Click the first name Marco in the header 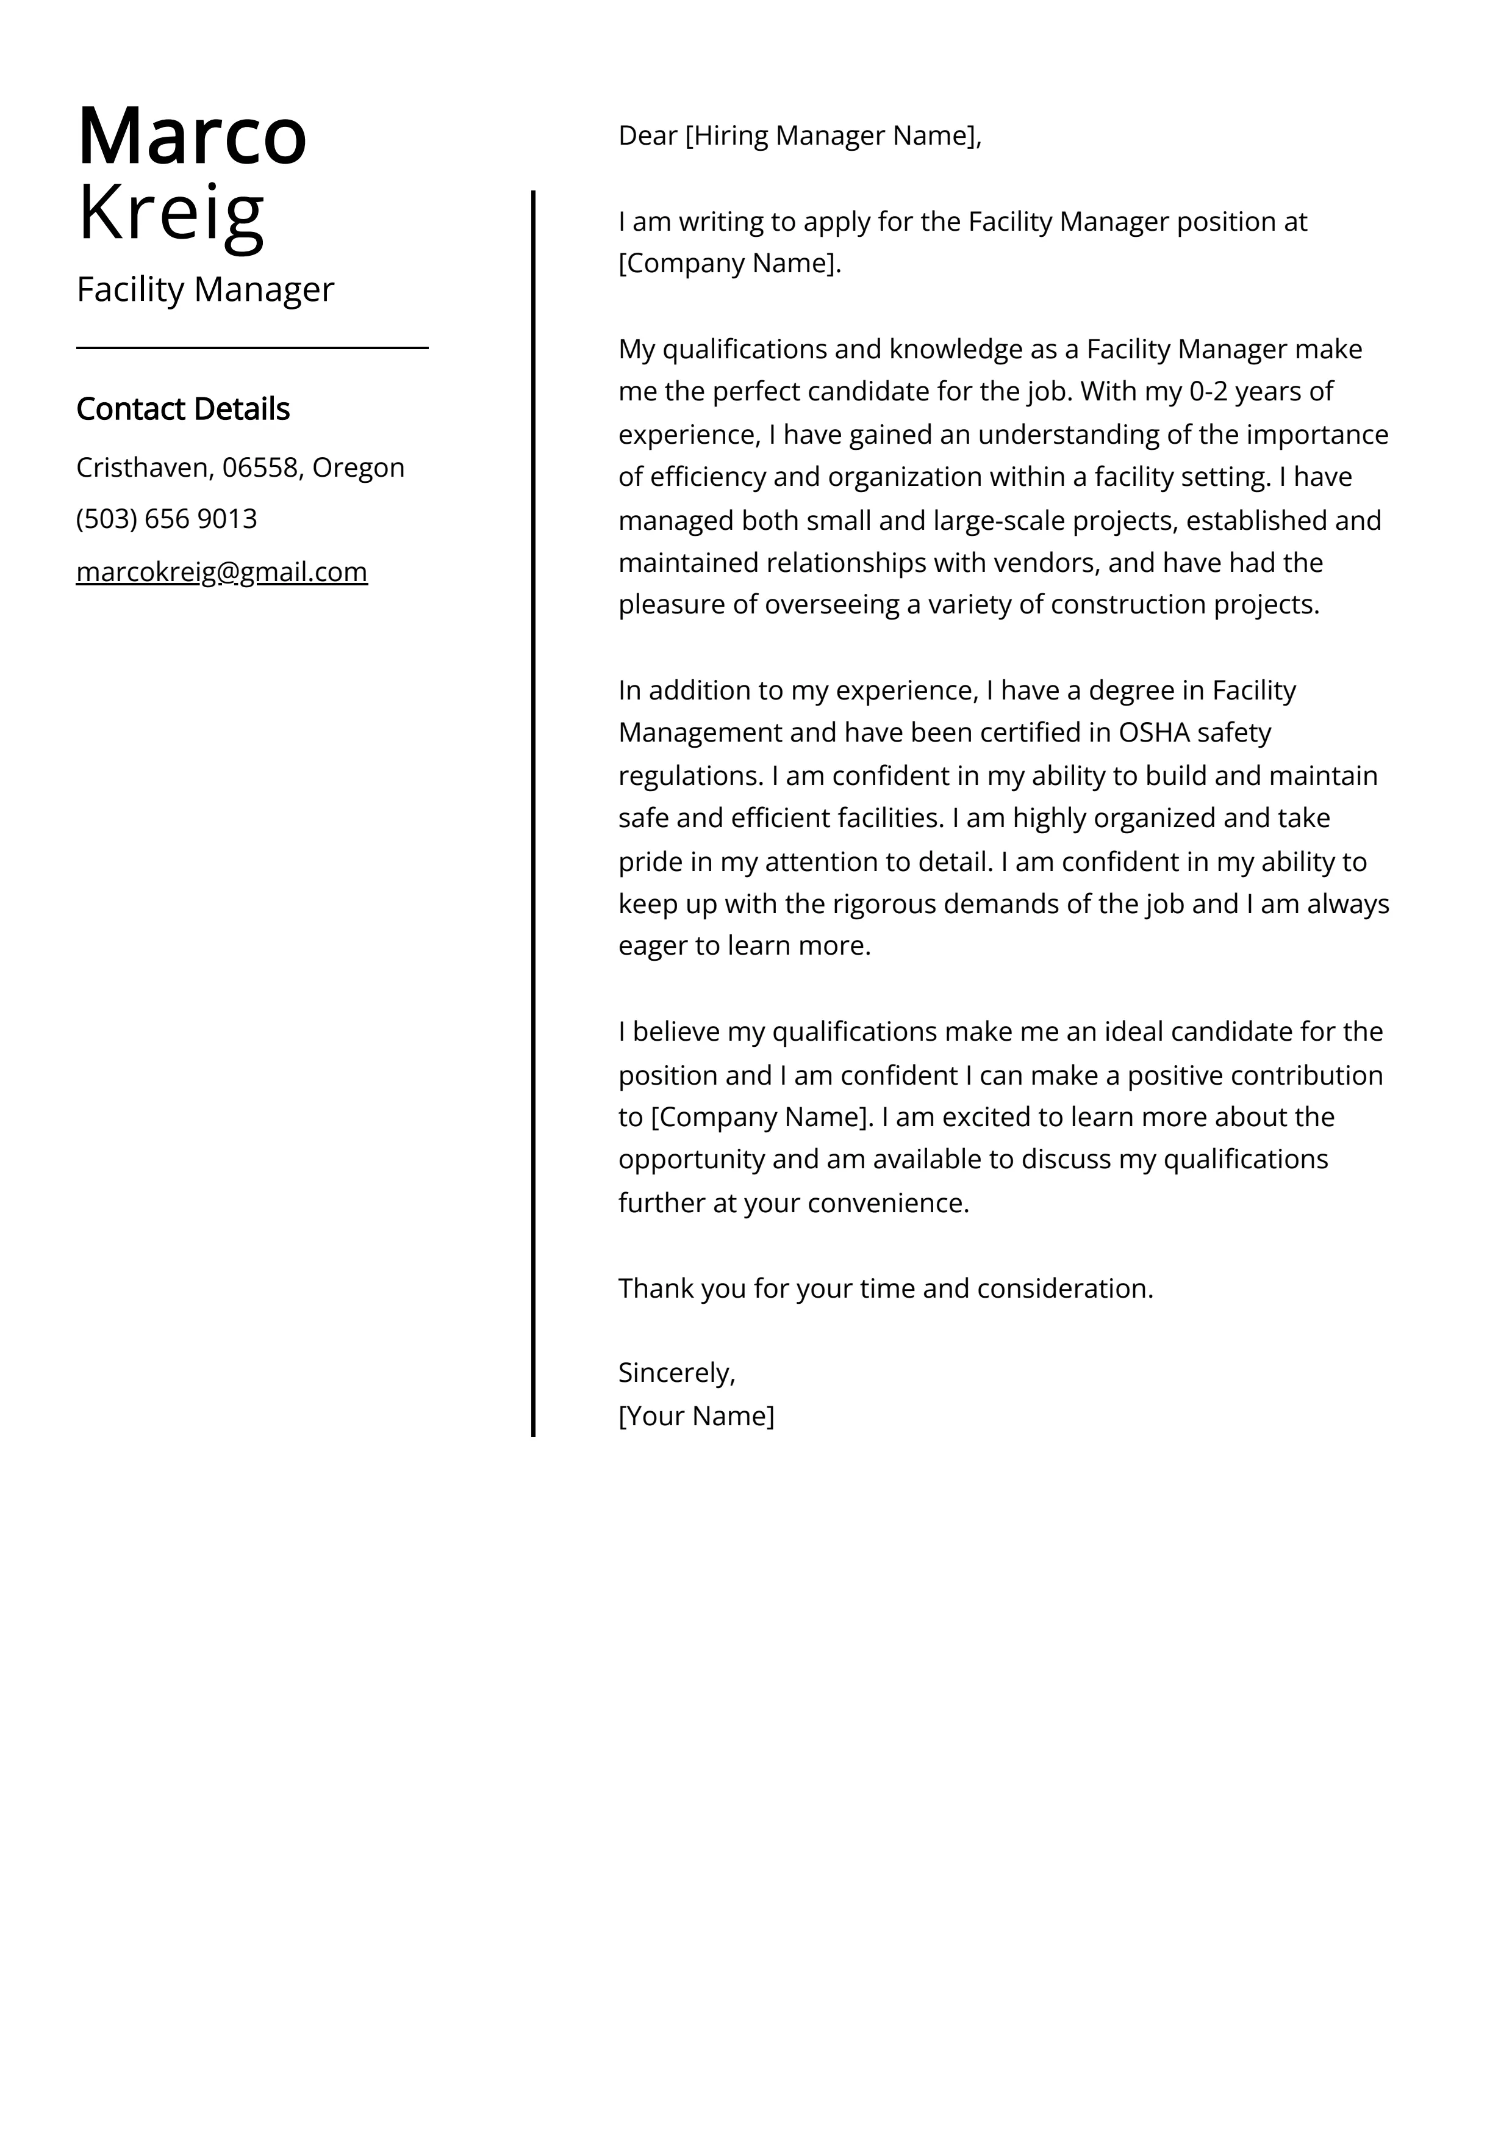pos(192,136)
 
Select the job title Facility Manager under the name pos(205,290)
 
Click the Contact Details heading pos(182,409)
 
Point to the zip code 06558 pos(260,468)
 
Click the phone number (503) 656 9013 pos(167,519)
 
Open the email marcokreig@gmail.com pos(222,571)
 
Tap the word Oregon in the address pos(358,468)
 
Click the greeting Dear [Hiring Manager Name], pos(800,136)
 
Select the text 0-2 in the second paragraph pos(1208,391)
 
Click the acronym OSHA pos(1154,732)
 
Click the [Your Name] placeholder pos(696,1416)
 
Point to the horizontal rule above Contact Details pos(251,348)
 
